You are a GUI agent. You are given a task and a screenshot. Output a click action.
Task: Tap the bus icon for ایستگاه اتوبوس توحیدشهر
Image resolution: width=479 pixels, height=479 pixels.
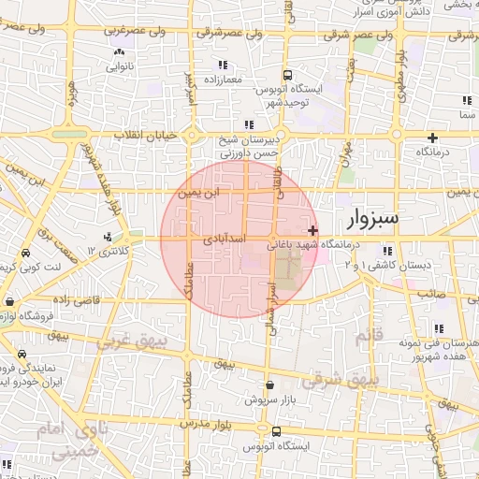[288, 75]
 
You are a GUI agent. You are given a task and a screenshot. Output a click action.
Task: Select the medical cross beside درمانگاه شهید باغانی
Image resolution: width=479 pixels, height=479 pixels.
[312, 229]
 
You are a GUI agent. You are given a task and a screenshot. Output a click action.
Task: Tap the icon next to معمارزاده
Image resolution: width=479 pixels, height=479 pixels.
[223, 65]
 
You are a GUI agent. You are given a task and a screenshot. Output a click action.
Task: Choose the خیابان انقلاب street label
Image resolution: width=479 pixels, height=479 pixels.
[145, 136]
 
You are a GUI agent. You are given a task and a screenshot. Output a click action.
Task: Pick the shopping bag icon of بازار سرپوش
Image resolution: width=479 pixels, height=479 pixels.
[269, 385]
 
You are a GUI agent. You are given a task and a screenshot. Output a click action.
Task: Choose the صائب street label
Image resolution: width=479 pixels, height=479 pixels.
[429, 292]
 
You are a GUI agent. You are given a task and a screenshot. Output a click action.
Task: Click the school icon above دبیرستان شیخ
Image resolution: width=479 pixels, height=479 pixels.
[248, 124]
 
